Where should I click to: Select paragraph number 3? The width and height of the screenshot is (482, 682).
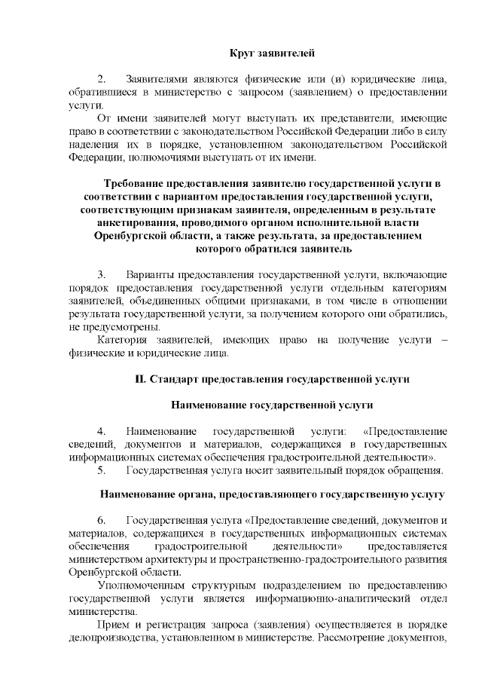click(103, 275)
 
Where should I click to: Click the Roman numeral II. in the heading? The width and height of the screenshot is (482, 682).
click(140, 379)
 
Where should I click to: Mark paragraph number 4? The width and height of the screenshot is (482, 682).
click(103, 432)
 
